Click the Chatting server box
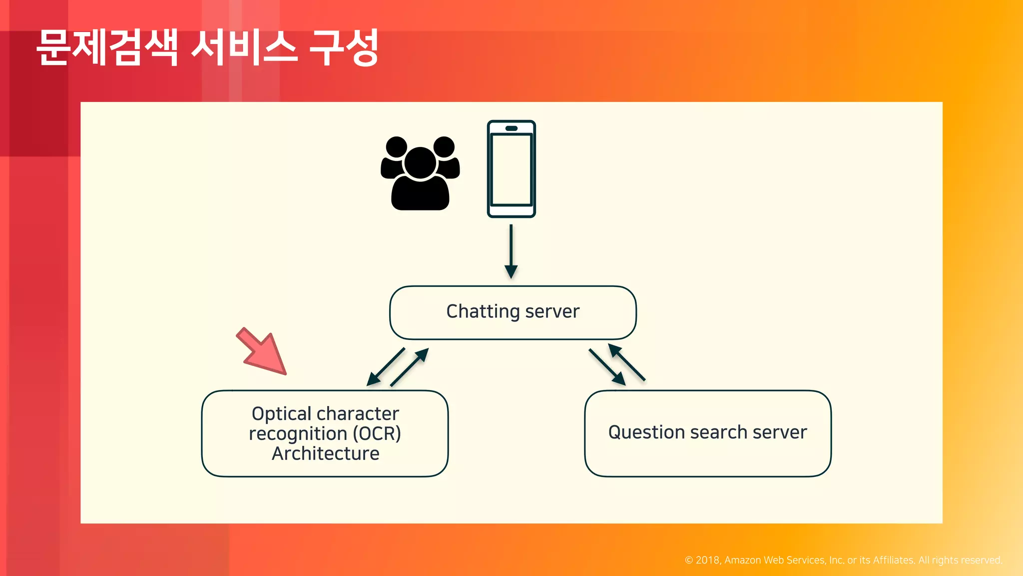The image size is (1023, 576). [512, 312]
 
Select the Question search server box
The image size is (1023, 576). [707, 433]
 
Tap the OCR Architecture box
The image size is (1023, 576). [325, 433]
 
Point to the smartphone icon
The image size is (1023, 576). [511, 169]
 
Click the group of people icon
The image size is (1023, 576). [420, 173]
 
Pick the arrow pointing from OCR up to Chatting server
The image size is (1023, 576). [409, 367]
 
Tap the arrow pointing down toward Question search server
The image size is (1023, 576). [606, 366]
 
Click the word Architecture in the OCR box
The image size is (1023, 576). [325, 453]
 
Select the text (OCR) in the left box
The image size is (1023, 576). [377, 433]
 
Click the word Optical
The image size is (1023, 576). [282, 414]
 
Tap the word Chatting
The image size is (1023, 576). [483, 311]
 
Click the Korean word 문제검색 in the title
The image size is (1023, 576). [107, 48]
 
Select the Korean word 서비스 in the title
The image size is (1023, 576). [244, 48]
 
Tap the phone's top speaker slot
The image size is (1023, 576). [511, 128]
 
